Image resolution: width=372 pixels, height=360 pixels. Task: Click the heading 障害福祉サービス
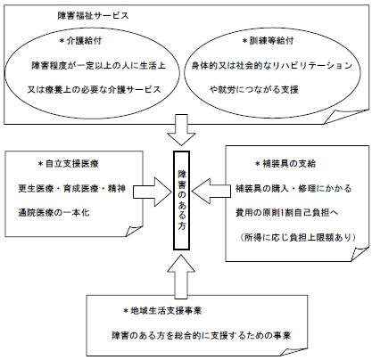(x=93, y=15)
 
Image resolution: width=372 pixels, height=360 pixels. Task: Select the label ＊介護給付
(x=80, y=41)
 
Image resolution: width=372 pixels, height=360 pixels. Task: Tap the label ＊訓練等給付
(x=269, y=41)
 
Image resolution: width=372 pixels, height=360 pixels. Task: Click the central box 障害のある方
(x=181, y=200)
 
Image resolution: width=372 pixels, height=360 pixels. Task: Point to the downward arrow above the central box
(x=181, y=130)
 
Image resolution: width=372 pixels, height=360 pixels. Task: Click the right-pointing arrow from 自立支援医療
(x=153, y=192)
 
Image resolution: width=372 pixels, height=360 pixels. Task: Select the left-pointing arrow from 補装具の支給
(x=211, y=192)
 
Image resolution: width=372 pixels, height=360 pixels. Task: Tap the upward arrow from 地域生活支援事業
(x=181, y=276)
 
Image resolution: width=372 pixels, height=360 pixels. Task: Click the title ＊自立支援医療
(x=69, y=164)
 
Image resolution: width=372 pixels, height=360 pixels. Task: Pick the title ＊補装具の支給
(x=285, y=164)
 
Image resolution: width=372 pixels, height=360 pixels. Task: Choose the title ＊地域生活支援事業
(x=162, y=311)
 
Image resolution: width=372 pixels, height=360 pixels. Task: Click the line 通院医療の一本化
(x=54, y=213)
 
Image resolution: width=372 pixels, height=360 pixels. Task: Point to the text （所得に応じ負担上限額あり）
(x=298, y=237)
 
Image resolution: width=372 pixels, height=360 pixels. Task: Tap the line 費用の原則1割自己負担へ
(x=287, y=213)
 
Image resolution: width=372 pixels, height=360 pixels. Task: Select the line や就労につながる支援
(x=254, y=89)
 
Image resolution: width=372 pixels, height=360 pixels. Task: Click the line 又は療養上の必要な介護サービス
(x=95, y=89)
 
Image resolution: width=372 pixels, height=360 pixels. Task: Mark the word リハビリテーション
(x=312, y=65)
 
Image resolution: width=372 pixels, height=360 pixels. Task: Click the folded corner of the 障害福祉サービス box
(x=345, y=117)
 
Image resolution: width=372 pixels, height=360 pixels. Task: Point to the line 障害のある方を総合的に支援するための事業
(x=202, y=336)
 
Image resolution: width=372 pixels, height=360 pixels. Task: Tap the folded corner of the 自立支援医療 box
(x=134, y=231)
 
